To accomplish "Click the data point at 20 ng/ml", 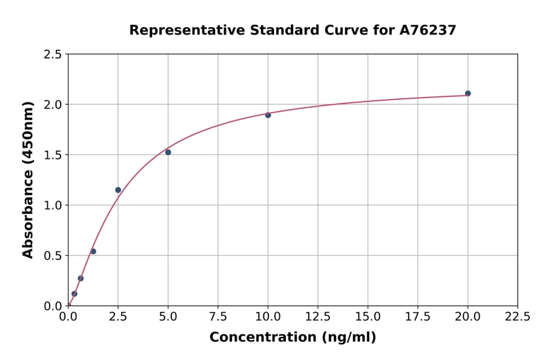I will (467, 93).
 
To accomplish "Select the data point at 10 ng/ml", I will (268, 115).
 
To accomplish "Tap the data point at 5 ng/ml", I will (168, 152).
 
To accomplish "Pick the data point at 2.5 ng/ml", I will (118, 190).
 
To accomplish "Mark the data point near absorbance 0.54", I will (93, 252).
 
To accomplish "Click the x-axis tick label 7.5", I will (218, 317).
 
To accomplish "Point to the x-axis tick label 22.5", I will (517, 317).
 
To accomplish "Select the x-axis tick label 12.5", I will (318, 317).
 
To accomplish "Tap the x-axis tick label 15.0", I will (368, 317).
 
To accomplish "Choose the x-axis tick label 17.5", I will (418, 317).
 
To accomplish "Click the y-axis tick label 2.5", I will (53, 55).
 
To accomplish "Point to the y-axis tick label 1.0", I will (53, 205).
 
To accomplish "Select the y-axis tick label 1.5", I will (53, 155).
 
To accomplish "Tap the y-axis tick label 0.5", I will (53, 256).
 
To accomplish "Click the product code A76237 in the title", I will (428, 30).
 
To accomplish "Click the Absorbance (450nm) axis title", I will (28, 180).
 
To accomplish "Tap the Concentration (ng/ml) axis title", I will (292, 338).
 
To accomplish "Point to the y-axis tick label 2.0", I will (53, 105).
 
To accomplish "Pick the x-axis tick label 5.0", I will (168, 317).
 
